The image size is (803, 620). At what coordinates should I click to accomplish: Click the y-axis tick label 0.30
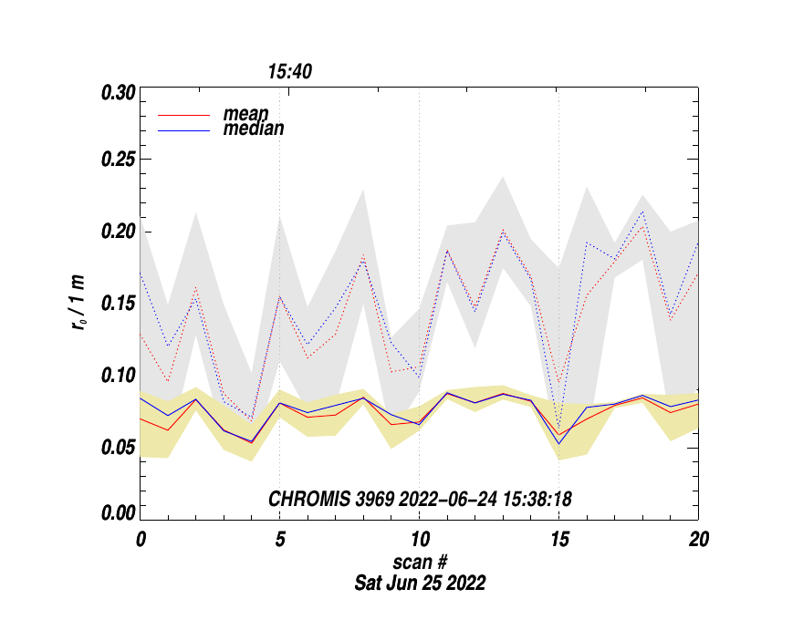click(119, 93)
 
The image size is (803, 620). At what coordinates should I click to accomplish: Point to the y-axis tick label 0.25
click(119, 160)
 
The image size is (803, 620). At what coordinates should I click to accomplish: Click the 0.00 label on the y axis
click(119, 514)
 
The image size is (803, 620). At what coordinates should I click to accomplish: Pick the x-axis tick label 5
click(279, 539)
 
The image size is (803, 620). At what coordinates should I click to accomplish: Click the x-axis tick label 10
click(419, 539)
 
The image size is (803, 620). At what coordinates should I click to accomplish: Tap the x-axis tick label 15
click(558, 539)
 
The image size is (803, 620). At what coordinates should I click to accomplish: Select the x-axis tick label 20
click(698, 539)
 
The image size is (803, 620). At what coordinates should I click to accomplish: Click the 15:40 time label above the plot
click(290, 71)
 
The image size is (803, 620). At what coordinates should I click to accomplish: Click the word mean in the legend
click(245, 115)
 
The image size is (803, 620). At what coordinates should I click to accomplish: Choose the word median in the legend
click(253, 129)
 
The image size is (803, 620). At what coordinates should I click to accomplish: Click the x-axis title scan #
click(420, 562)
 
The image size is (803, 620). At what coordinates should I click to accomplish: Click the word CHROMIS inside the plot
click(304, 499)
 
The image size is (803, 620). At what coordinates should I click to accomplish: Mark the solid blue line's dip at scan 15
click(558, 444)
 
